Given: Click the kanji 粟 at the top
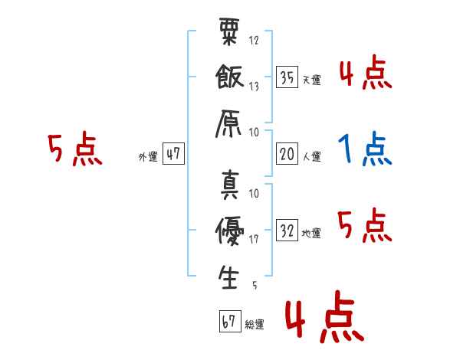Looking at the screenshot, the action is (229, 31).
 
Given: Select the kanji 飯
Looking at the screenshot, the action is (230, 77).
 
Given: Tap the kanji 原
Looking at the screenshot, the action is (228, 124).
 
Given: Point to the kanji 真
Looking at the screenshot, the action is (230, 185).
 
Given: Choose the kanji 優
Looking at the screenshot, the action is (230, 231).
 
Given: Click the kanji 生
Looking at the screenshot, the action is (228, 277).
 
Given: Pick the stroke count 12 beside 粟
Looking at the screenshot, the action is (254, 40).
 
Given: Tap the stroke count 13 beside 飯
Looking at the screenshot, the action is (254, 87).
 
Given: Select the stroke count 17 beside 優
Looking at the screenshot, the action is (254, 239).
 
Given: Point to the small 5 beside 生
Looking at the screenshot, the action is (255, 285).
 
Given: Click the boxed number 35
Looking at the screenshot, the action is (287, 77).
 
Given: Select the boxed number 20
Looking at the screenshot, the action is (287, 154).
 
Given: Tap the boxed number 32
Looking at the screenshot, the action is (287, 230).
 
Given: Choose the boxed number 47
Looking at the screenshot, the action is (173, 153).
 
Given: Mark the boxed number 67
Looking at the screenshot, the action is (230, 321).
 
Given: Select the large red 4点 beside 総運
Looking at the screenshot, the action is (325, 316).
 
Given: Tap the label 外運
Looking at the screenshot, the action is (148, 156).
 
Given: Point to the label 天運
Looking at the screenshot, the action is (312, 80).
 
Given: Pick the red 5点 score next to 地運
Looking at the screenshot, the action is (365, 225).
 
